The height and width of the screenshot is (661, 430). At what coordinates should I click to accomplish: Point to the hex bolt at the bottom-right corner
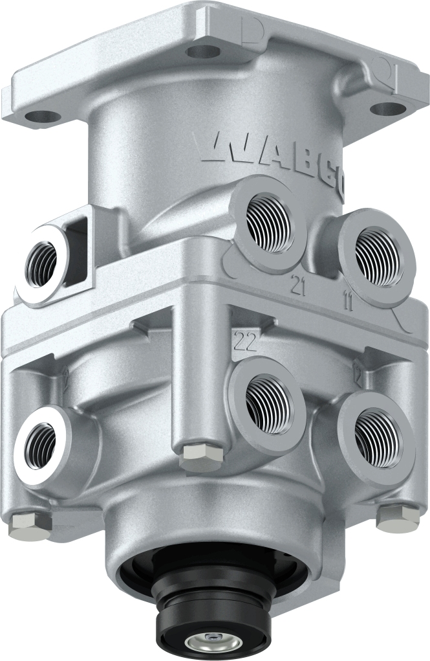[397, 517]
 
